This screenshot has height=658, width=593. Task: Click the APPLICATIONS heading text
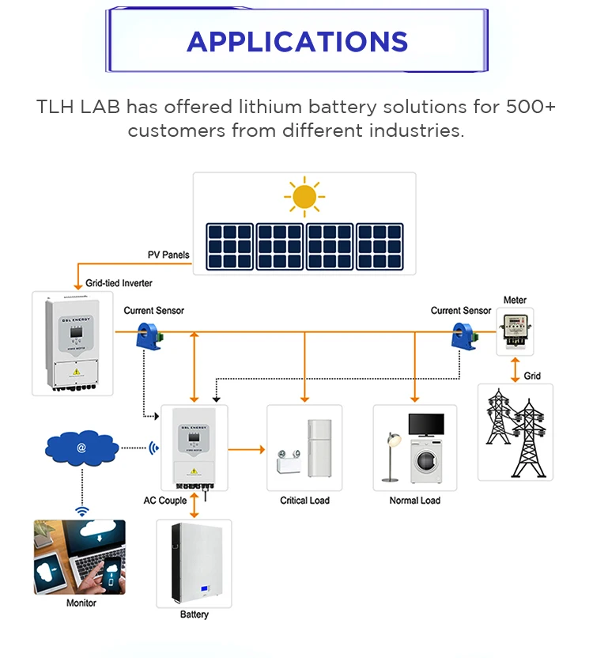click(296, 41)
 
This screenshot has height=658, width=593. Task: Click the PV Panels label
click(168, 255)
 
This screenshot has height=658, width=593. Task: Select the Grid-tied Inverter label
click(119, 282)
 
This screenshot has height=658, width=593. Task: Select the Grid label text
click(532, 376)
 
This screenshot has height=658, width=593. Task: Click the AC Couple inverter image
click(194, 448)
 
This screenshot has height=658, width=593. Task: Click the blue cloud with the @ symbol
click(81, 448)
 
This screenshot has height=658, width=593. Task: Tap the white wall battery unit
click(194, 562)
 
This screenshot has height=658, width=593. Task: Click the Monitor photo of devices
click(79, 557)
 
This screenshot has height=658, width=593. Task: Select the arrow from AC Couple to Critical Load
click(247, 449)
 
